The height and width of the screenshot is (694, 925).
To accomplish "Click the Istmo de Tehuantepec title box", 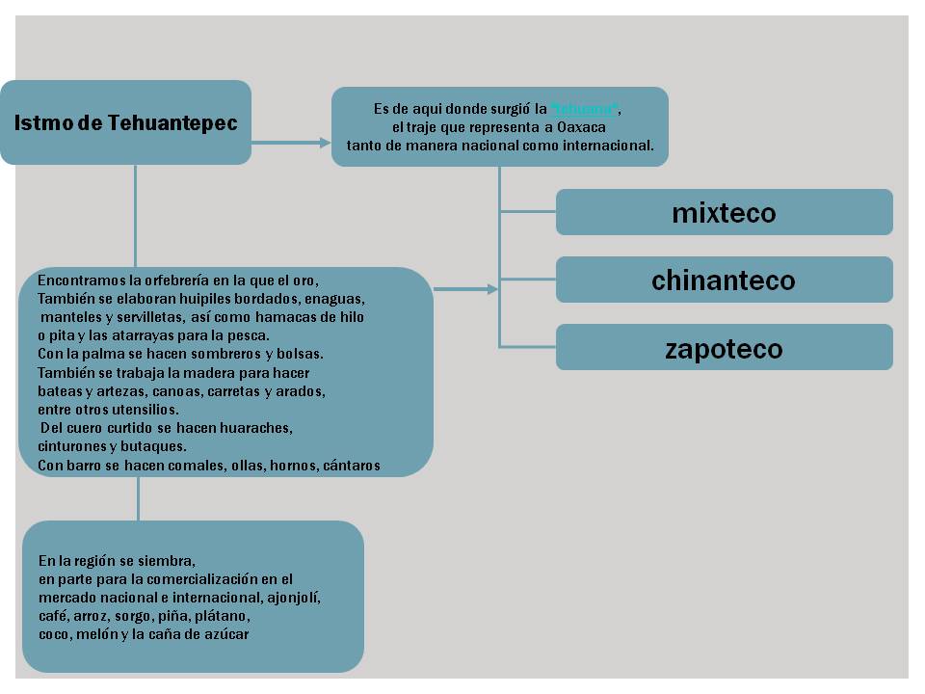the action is pyautogui.click(x=125, y=123).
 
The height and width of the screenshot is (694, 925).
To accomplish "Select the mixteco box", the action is pyautogui.click(x=724, y=213).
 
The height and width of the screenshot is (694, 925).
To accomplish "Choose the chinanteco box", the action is pyautogui.click(x=724, y=280).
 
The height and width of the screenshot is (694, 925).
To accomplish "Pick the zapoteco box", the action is pyautogui.click(x=724, y=348).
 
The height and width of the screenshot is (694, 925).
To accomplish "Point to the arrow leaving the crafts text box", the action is pyautogui.click(x=465, y=288).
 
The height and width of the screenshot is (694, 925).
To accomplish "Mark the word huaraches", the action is pyautogui.click(x=260, y=427).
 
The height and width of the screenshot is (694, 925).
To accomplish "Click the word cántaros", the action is pyautogui.click(x=349, y=465).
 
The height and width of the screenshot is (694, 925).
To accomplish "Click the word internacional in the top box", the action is pyautogui.click(x=608, y=146).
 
